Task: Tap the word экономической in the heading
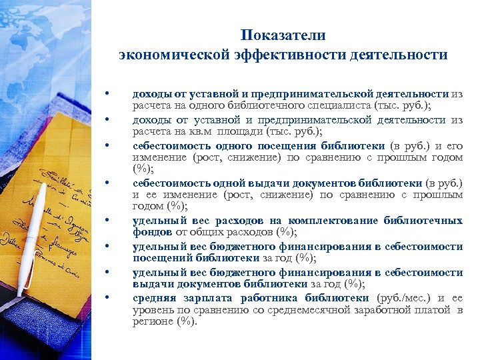(x=171, y=55)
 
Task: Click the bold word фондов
(x=153, y=233)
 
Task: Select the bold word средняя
(x=154, y=297)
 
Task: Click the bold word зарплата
(x=206, y=297)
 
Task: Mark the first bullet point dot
(x=106, y=94)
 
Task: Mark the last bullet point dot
(x=106, y=297)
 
